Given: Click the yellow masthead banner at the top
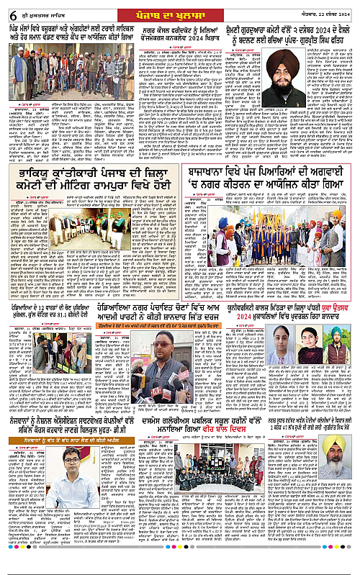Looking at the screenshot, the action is point(179,9).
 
